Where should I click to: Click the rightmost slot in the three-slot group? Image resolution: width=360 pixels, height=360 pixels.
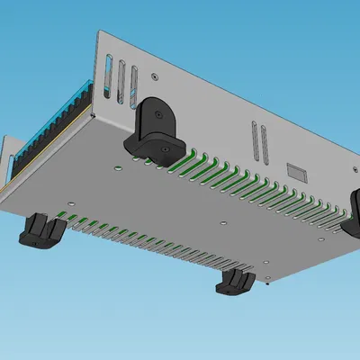pos(133,84)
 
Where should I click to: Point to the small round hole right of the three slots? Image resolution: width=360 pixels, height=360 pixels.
pos(155,77)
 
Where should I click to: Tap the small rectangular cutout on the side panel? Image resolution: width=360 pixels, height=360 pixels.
pos(297,169)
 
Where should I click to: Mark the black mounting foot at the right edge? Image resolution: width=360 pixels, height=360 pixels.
pos(353,210)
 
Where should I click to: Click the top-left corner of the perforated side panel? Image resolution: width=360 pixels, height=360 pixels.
pos(99,31)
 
